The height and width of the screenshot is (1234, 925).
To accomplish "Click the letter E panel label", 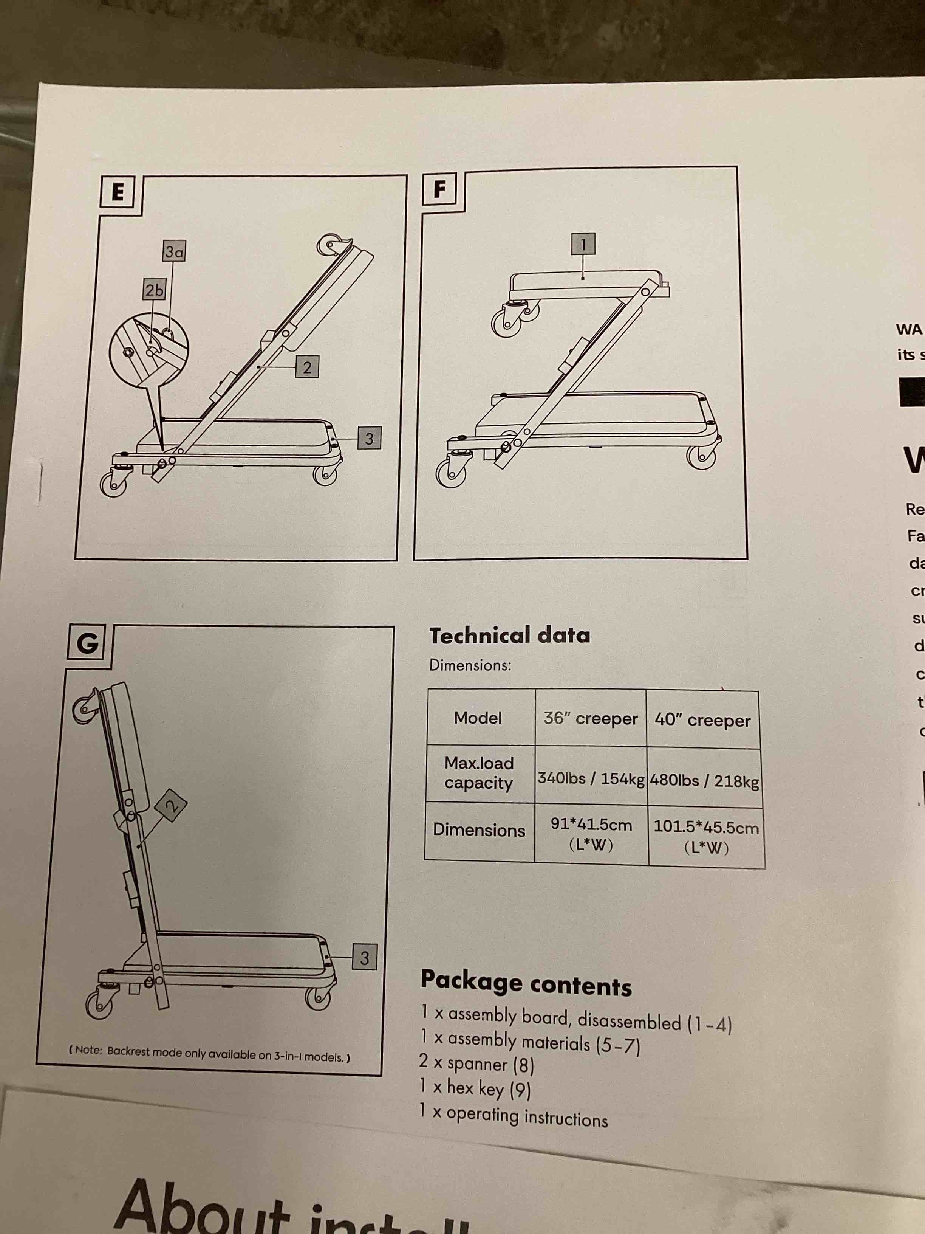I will pos(118,192).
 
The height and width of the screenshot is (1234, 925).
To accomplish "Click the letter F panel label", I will pos(440,189).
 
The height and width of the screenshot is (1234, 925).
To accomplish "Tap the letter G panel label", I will pos(88,643).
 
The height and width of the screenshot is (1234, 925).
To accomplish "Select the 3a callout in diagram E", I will pos(174,252).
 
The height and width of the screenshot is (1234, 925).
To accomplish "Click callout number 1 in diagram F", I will pos(583,244).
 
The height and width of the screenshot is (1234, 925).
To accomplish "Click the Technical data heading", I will pos(509,636).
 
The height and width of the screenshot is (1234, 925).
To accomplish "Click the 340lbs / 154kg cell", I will pos(591,778).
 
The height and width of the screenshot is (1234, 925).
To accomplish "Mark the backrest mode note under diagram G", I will pos(209,1052).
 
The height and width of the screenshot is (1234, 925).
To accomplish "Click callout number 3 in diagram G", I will pos(364,958).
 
